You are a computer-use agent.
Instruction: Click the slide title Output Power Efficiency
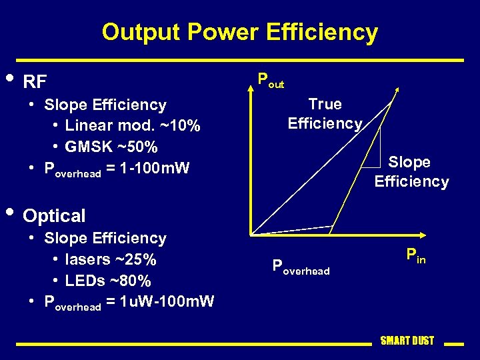pyautogui.click(x=239, y=32)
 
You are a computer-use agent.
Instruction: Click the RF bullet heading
pyautogui.click(x=35, y=82)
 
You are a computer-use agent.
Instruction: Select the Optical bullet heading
pyautogui.click(x=54, y=215)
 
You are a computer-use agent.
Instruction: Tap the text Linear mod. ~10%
pyautogui.click(x=133, y=125)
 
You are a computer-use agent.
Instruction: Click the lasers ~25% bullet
pyautogui.click(x=111, y=259)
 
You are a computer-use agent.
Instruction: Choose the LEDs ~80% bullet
pyautogui.click(x=107, y=280)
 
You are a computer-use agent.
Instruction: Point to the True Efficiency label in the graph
pyautogui.click(x=325, y=113)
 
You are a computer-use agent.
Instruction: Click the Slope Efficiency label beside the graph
pyautogui.click(x=411, y=171)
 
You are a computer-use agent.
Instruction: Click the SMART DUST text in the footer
pyautogui.click(x=407, y=341)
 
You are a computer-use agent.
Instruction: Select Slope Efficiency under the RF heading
pyautogui.click(x=105, y=105)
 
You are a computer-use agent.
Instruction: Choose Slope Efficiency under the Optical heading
pyautogui.click(x=105, y=238)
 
